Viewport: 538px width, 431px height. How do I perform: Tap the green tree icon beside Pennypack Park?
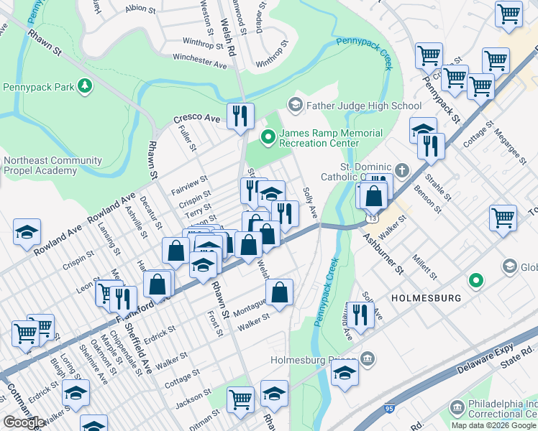click(86, 87)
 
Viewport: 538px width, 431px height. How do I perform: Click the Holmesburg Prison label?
click(313, 359)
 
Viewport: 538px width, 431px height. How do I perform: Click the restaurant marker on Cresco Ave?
click(240, 116)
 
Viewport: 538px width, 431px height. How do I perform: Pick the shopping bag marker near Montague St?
click(279, 292)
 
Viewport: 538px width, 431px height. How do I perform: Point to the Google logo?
click(23, 422)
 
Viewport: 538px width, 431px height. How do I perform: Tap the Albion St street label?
click(140, 9)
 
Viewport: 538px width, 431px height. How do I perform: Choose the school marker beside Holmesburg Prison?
click(345, 373)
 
